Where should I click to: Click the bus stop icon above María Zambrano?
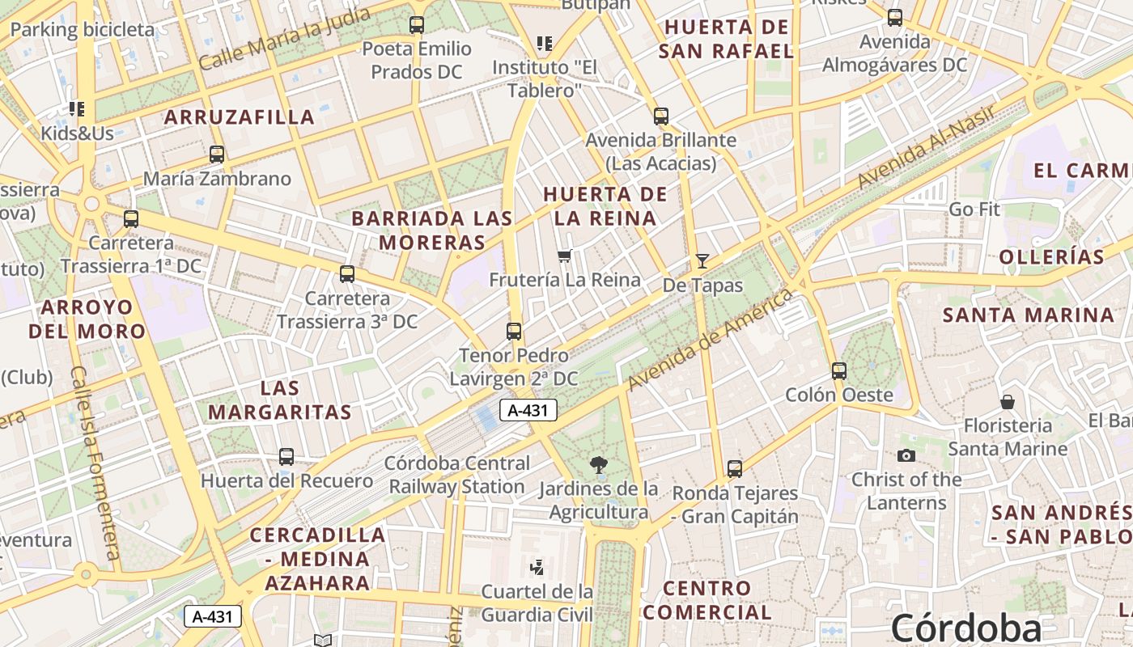coord(216,154)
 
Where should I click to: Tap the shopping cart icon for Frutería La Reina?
coord(564,256)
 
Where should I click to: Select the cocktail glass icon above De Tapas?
coord(702,260)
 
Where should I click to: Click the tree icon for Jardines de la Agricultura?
coord(599,464)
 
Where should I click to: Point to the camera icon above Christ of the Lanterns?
coord(906,455)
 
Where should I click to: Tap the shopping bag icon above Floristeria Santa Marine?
coord(1008,401)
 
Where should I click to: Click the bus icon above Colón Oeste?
coord(839,371)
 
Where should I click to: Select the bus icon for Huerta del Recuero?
coord(286,457)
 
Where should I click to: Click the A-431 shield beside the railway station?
coord(528,410)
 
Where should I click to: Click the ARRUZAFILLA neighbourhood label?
coord(240,117)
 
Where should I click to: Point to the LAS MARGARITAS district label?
coord(280,400)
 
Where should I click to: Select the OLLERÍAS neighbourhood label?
coord(1051,257)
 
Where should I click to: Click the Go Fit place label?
coord(974,209)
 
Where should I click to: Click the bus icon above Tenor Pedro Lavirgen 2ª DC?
coord(513,332)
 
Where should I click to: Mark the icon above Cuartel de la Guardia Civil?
coord(537,567)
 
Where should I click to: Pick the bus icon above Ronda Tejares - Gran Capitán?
coord(734,469)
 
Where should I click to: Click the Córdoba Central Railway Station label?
coord(457,475)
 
